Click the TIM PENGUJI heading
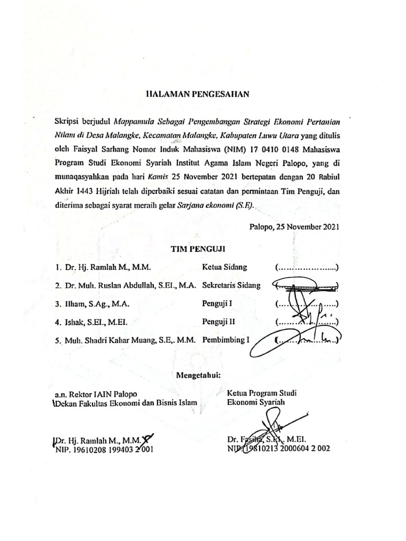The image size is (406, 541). (x=197, y=247)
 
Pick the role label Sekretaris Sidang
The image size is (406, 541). (x=231, y=285)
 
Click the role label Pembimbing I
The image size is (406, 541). (x=225, y=340)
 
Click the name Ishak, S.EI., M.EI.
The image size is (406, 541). (x=97, y=322)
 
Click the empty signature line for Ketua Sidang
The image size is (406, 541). (x=307, y=269)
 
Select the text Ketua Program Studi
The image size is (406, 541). (x=262, y=393)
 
